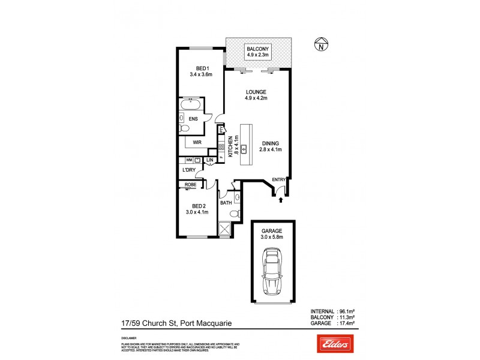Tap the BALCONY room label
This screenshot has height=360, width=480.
tap(259, 49)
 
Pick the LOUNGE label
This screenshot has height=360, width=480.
tap(256, 92)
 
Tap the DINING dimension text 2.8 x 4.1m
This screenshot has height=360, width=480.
tap(271, 149)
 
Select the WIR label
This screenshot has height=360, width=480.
tap(197, 142)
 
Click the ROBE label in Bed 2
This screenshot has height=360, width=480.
tap(191, 185)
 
